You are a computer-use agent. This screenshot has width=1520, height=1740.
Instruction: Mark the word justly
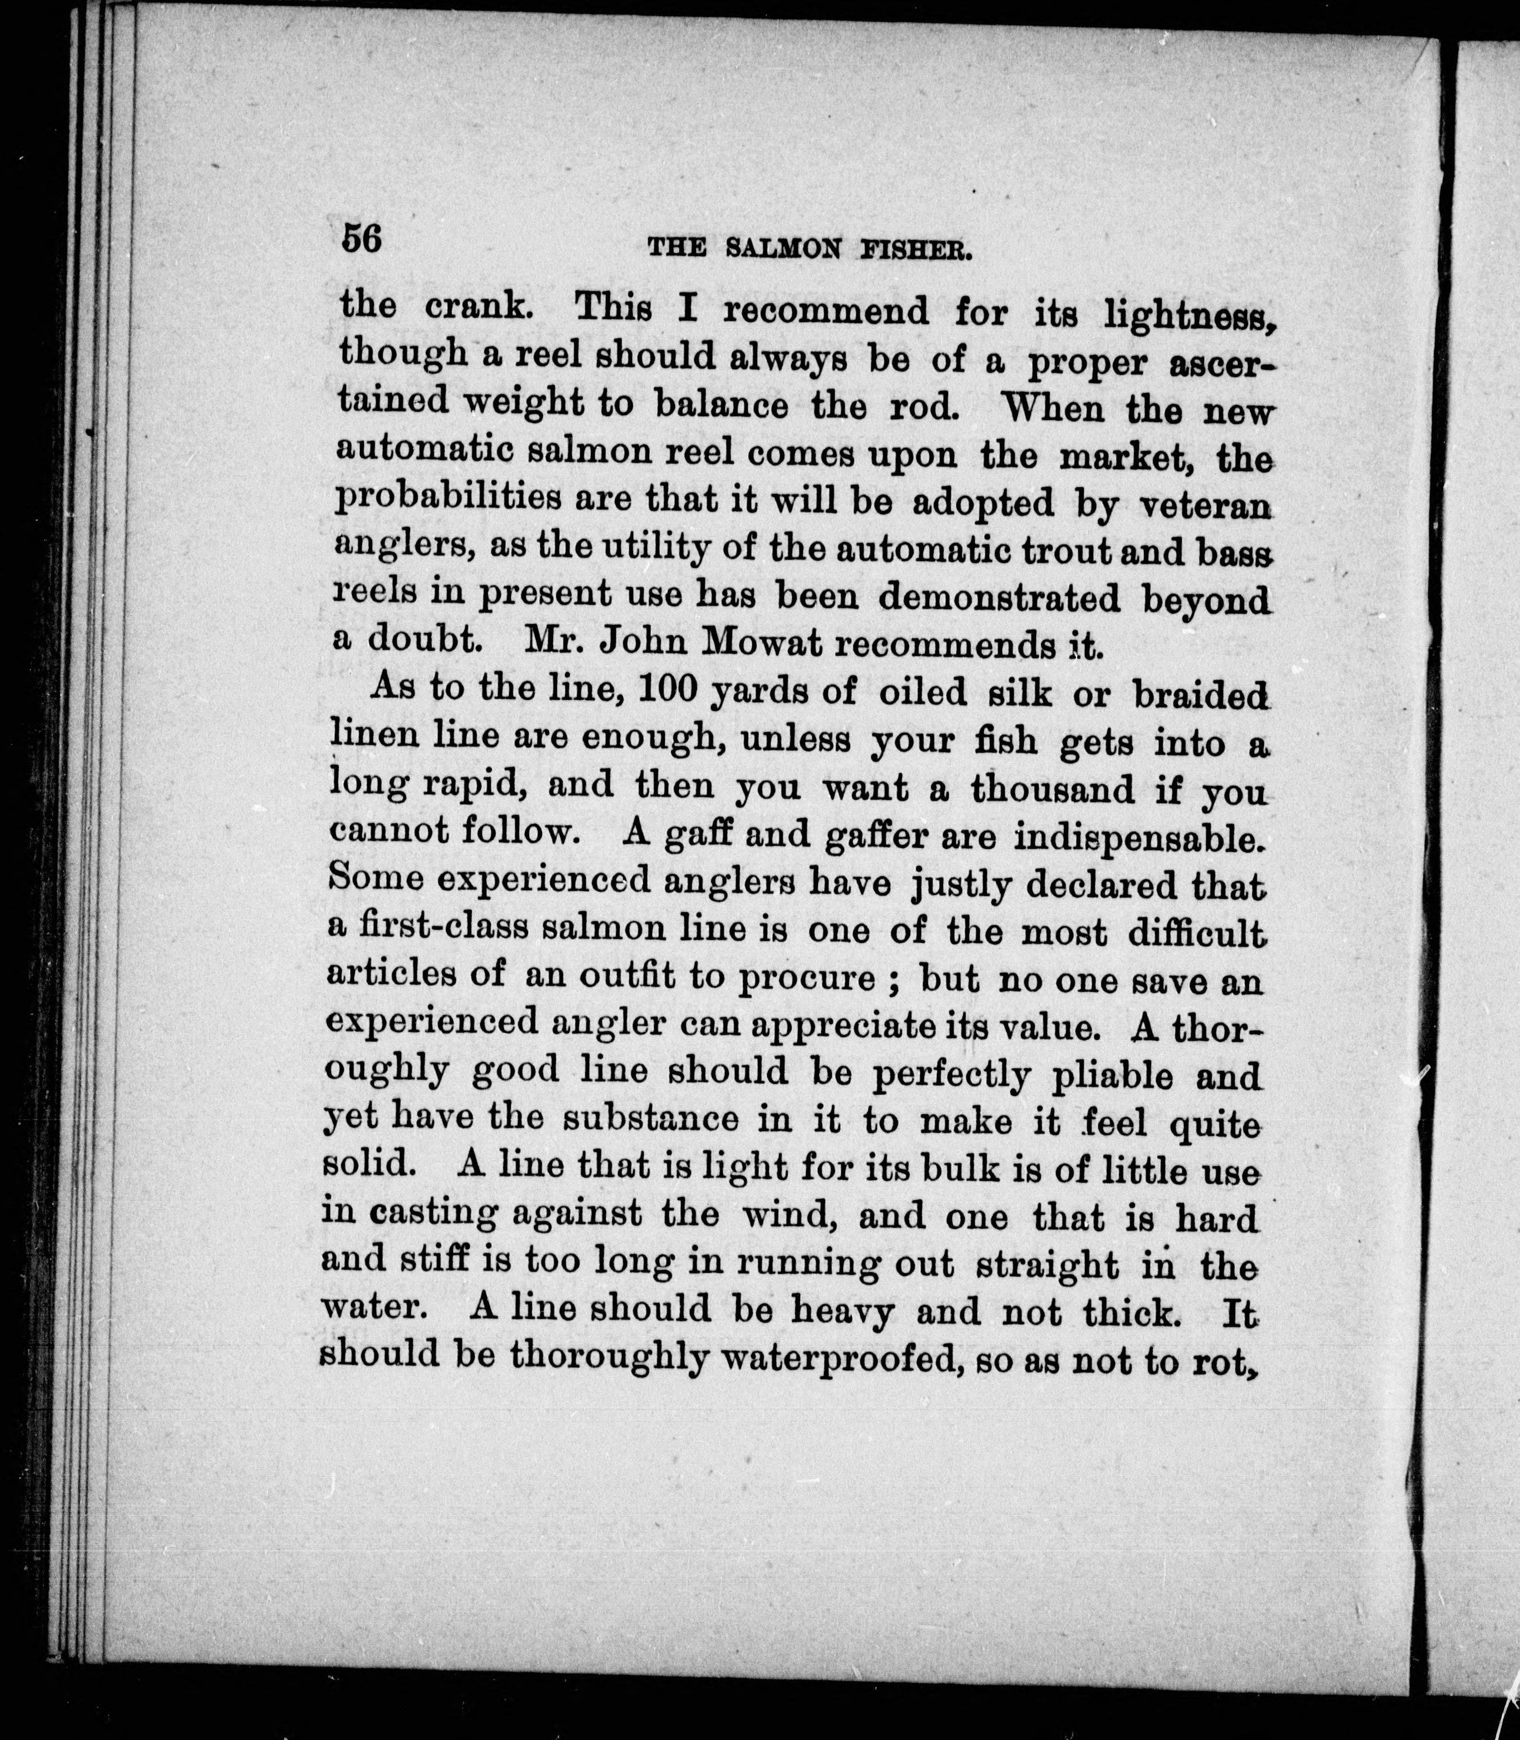click(960, 884)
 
